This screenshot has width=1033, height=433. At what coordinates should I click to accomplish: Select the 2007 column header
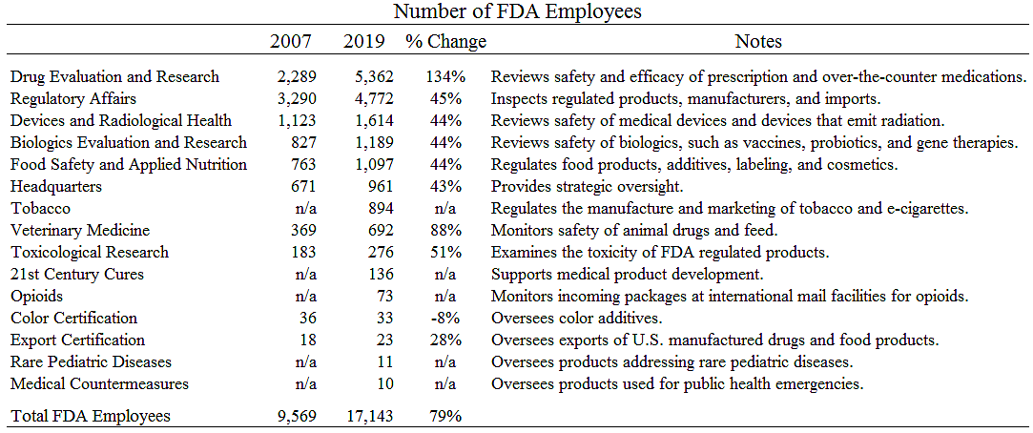291,42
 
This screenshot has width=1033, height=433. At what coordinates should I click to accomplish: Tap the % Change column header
445,42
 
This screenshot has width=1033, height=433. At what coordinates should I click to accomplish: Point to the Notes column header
758,42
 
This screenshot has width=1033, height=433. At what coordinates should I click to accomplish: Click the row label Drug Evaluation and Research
114,76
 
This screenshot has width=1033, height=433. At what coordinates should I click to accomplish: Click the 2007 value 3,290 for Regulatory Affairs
295,98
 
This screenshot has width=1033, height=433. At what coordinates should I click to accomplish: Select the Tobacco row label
40,209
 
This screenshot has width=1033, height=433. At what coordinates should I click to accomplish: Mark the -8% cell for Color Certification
447,319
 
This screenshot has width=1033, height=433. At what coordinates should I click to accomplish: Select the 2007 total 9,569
295,416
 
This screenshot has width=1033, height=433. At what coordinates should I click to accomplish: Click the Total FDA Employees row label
91,416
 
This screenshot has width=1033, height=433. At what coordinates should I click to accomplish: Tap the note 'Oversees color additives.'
577,319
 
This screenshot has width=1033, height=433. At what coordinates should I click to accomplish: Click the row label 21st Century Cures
77,275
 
